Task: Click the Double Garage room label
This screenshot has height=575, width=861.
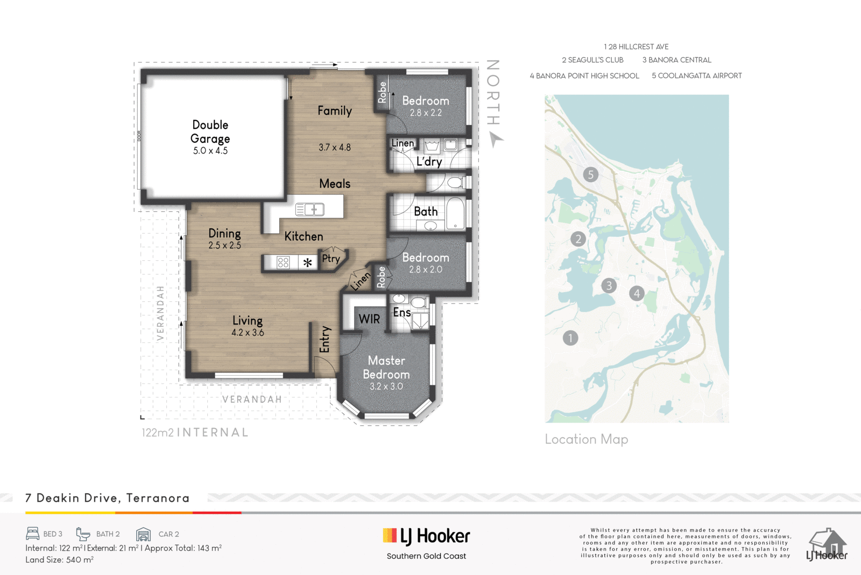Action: (210, 131)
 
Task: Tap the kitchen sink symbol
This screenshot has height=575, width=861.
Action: (310, 210)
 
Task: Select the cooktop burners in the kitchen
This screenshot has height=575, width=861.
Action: (283, 262)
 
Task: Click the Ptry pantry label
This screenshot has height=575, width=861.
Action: (331, 259)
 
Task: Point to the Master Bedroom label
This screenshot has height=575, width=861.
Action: (386, 367)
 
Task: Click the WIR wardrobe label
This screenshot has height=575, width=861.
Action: (369, 318)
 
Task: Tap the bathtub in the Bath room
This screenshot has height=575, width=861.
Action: (456, 214)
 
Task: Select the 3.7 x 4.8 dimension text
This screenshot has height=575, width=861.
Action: (334, 147)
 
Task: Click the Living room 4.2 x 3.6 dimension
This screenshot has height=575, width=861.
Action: (248, 332)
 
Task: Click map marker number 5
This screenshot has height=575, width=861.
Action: (591, 175)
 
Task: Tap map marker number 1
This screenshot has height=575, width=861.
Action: (570, 338)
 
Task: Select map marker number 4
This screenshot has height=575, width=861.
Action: (637, 293)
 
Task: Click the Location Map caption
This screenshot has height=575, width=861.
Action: (587, 439)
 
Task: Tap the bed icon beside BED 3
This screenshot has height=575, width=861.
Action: (33, 534)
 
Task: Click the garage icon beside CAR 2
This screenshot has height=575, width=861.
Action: (143, 534)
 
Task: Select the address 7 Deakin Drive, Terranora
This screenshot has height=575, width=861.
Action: (107, 498)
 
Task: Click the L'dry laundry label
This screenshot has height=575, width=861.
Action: (429, 162)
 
